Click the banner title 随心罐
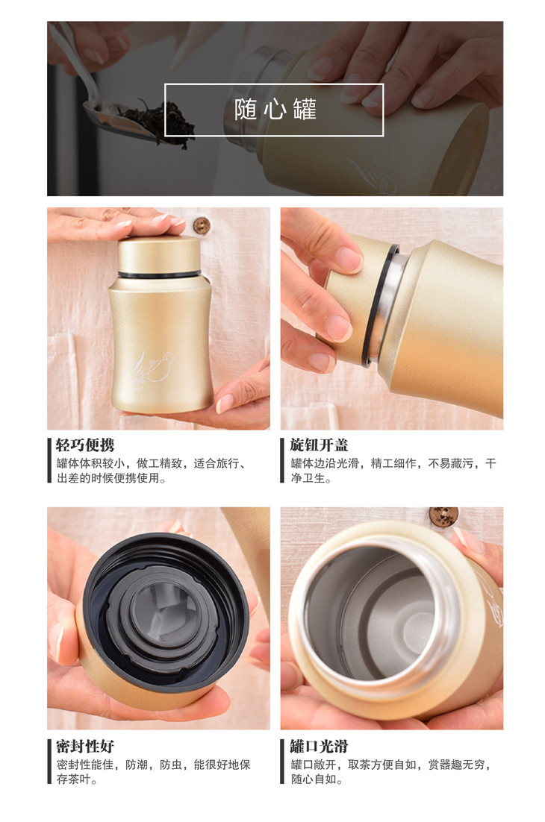click(275, 110)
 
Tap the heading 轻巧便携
click(85, 445)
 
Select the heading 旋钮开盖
click(319, 445)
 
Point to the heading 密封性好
click(85, 746)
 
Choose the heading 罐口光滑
click(319, 746)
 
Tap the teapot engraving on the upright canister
click(153, 369)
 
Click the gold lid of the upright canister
click(160, 255)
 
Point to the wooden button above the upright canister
click(202, 225)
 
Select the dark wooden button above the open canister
click(443, 515)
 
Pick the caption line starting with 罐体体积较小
click(151, 463)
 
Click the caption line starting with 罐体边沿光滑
click(393, 463)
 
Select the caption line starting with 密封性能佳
click(153, 765)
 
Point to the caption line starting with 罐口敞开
click(390, 765)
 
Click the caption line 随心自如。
click(317, 779)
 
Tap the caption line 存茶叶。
click(77, 779)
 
